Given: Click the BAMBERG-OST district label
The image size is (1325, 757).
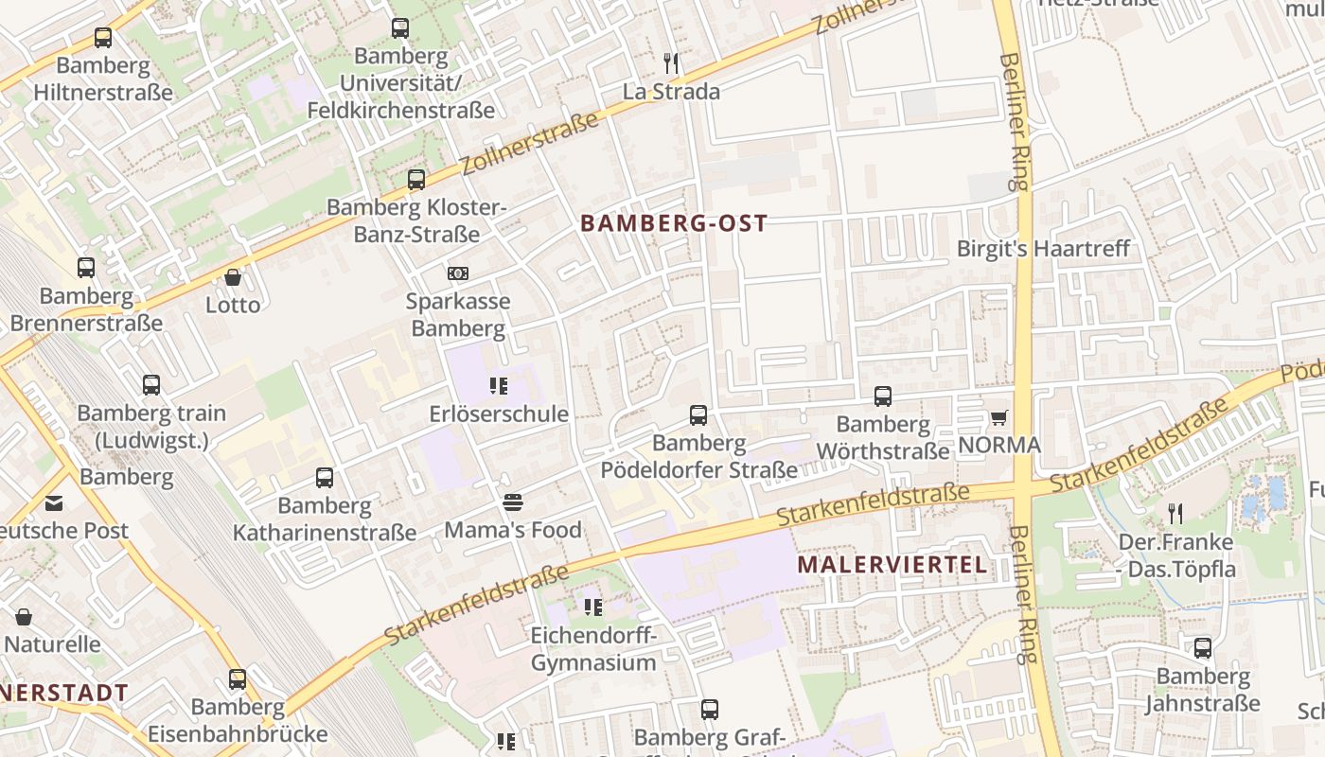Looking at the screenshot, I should pos(673,223).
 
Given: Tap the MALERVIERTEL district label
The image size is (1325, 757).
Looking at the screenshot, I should pos(892,565).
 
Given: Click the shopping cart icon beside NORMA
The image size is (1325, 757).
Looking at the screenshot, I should pos(998,417).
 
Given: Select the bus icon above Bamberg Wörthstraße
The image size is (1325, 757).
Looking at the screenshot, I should pos(882,396).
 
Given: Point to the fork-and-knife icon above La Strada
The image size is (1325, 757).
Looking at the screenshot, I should pos(671,63).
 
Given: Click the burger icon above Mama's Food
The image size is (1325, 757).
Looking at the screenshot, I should pos(513,502).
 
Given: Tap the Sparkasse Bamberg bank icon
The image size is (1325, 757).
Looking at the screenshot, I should pos(458,273).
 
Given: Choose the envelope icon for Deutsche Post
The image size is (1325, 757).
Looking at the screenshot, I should pos(53,502).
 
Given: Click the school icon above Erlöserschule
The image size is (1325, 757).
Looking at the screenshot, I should pos(499,386).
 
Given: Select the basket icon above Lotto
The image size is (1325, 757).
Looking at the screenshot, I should pos(233,277).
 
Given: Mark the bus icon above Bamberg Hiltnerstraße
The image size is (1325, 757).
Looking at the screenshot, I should pos(103,38).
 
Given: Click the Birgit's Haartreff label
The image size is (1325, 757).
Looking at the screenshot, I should pos(1043,249).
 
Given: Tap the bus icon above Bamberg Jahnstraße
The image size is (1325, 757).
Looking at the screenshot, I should pos(1202,648).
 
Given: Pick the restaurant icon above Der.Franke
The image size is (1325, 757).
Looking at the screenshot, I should pos(1175,514).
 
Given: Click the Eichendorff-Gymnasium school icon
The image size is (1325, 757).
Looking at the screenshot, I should pos(593,607).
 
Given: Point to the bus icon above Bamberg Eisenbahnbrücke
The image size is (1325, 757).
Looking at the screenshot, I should pos(237,679).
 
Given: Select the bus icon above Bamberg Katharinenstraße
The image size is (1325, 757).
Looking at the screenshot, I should pos(324,478).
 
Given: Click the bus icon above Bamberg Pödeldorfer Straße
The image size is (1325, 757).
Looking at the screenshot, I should pos(698,414).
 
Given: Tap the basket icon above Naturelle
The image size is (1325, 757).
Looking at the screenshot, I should pos(24,617).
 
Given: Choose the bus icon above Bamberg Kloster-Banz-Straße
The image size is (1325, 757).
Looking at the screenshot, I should pos(415,179).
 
